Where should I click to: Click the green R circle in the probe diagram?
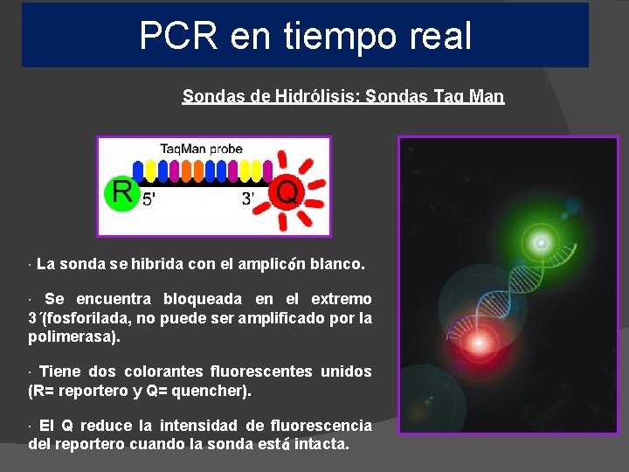coord(121,193)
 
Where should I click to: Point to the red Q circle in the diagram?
coord(287,191)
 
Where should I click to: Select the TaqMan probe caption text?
coord(201,149)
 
